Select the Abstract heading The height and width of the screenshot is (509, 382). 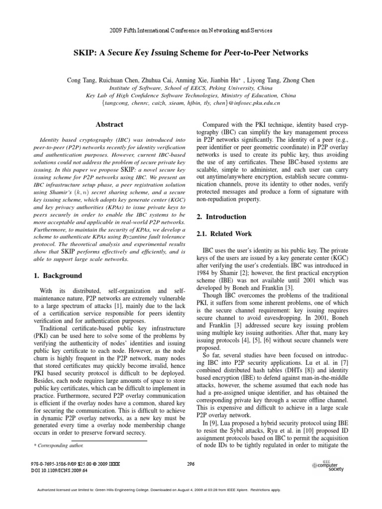109,124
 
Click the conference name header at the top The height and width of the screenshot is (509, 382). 191,30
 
